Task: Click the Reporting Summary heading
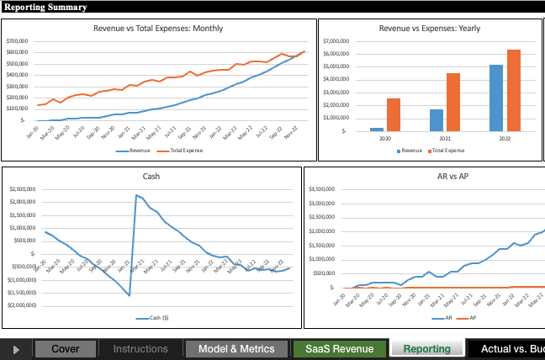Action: pyautogui.click(x=45, y=7)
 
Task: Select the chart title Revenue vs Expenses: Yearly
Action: pyautogui.click(x=430, y=28)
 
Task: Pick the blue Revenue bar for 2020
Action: pyautogui.click(x=377, y=129)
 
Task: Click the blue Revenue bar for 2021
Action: pyautogui.click(x=437, y=119)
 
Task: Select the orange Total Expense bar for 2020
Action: pyautogui.click(x=394, y=114)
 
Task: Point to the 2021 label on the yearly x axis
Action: pyautogui.click(x=445, y=138)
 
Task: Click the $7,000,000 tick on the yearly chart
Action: pyautogui.click(x=336, y=40)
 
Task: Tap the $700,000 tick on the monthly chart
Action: pyautogui.click(x=18, y=41)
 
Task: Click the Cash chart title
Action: pyautogui.click(x=152, y=177)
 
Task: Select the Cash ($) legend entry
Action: pyautogui.click(x=152, y=319)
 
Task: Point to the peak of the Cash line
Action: pyautogui.click(x=136, y=195)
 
